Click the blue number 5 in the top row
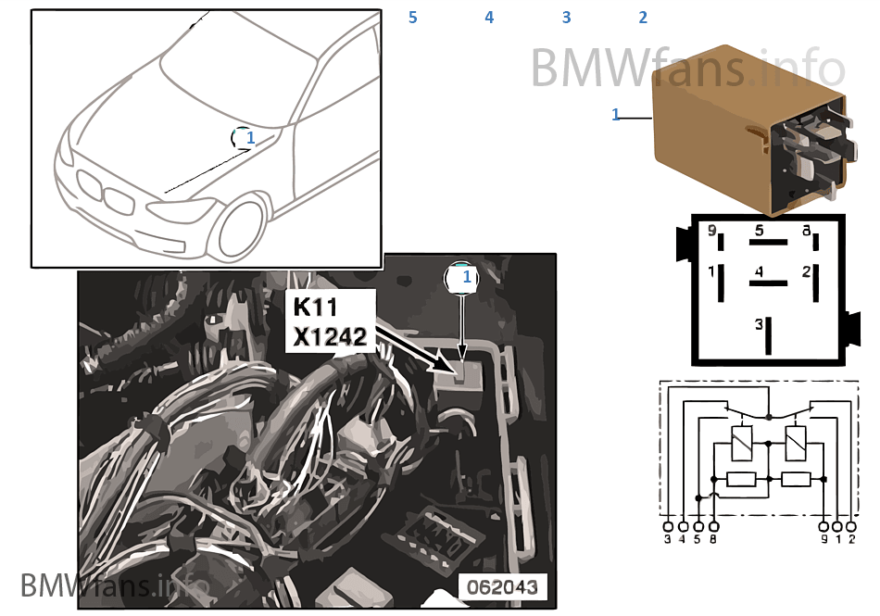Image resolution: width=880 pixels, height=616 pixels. point(413,18)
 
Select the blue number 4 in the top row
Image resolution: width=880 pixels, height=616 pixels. point(489,18)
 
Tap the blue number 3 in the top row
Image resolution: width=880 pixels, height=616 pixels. point(566,18)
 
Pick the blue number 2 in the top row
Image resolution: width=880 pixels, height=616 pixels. point(643,18)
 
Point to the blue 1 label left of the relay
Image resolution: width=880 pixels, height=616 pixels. point(616,115)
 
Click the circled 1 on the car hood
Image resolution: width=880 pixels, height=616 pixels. point(245,138)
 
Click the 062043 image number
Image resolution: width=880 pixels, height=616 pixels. point(505,587)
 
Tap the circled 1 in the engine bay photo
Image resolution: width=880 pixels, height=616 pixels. point(466,276)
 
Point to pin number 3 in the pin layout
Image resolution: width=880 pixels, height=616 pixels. point(759,325)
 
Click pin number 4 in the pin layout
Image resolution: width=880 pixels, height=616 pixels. point(759,273)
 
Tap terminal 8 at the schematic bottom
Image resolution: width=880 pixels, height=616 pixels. point(711,540)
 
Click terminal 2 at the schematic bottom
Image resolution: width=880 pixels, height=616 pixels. point(852,540)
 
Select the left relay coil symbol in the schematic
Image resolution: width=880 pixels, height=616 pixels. point(742,443)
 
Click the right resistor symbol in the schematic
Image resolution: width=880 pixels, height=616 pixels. point(796,479)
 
